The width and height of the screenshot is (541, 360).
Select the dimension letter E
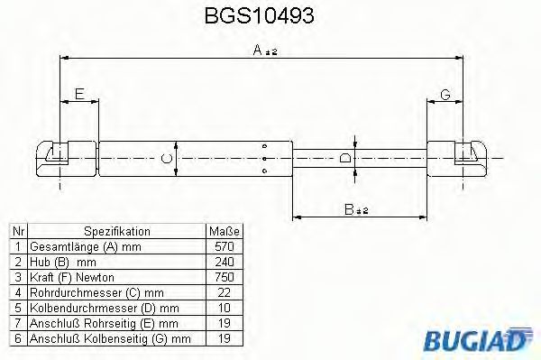tap(79, 94)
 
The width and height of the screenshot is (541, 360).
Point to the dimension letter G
tap(445, 94)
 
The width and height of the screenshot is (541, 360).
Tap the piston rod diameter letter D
tap(344, 161)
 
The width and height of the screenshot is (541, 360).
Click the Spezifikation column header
tap(117, 231)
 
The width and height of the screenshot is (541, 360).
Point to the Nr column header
tap(17, 231)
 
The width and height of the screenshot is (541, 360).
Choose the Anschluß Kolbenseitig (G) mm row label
tap(111, 338)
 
